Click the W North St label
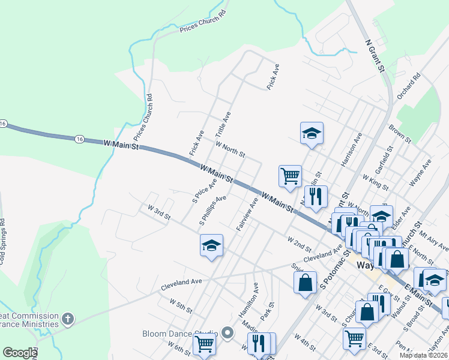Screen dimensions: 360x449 click(x=230, y=149)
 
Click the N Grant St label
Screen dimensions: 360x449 click(x=375, y=56)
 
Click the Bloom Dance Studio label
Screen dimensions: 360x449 click(x=180, y=334)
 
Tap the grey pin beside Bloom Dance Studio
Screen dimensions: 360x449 click(x=227, y=332)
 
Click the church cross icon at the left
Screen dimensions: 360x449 click(x=68, y=319)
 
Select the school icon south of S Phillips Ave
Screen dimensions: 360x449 click(x=211, y=245)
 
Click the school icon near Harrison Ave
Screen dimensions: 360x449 click(x=312, y=133)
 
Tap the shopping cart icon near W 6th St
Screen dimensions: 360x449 click(x=204, y=344)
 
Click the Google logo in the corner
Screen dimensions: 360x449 click(x=20, y=353)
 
